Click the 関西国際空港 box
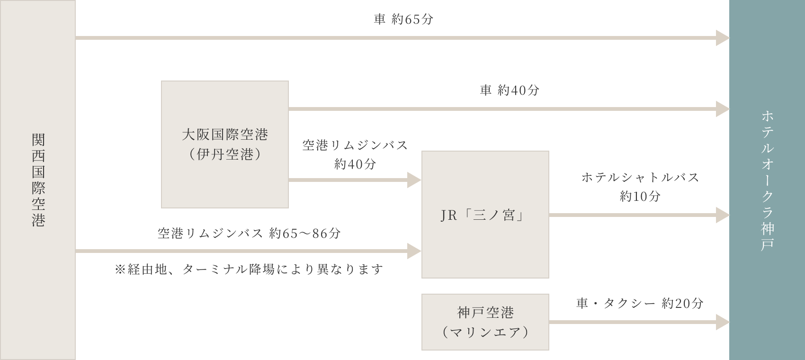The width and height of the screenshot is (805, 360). [38, 180]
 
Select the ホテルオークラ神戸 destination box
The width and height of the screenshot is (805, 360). [767, 180]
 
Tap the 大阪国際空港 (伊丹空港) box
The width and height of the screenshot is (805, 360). [225, 144]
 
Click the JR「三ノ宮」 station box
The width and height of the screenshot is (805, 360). [485, 215]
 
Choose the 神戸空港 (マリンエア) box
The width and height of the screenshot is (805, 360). [485, 322]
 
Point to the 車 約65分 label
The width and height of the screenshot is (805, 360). [403, 20]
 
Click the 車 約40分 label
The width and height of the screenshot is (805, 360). [510, 90]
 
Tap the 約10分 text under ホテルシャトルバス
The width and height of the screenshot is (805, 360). [640, 196]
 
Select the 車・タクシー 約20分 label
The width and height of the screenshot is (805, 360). [640, 303]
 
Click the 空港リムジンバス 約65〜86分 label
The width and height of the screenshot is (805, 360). [249, 234]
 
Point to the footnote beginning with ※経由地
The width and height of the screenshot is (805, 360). [249, 270]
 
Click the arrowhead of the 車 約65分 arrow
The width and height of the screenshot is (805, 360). [722, 38]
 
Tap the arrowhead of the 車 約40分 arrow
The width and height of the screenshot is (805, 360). [722, 109]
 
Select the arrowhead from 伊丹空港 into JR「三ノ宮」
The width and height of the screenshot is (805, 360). [414, 180]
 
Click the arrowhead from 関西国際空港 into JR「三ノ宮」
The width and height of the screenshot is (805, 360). [414, 251]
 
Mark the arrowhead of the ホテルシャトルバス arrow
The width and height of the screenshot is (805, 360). [722, 215]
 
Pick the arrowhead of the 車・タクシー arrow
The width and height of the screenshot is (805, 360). [722, 322]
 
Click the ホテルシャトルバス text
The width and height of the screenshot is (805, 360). [640, 178]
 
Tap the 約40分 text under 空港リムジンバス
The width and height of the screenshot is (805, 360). [355, 164]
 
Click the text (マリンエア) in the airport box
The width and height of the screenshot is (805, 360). [485, 332]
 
